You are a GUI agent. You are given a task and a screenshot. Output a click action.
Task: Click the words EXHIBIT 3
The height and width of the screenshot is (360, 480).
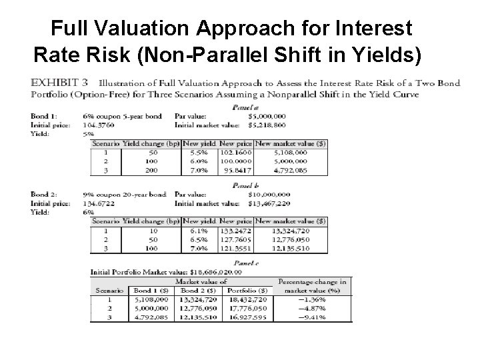point(60,83)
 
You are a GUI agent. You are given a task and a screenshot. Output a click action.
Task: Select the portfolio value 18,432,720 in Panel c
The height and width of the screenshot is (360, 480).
point(246,299)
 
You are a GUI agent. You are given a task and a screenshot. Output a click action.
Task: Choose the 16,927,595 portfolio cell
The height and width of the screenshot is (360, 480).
point(246,317)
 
